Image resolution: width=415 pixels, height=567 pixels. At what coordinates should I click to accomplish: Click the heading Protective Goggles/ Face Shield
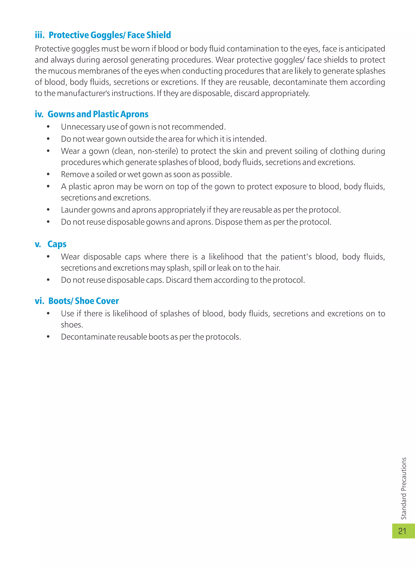tap(110, 35)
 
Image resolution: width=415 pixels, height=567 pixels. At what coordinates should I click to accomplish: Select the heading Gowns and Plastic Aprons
tap(98, 114)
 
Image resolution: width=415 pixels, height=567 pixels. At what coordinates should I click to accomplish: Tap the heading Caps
tap(57, 244)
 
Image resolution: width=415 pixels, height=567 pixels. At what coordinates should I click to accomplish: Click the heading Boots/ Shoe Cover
tap(83, 301)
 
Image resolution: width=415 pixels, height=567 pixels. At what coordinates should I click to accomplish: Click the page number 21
tap(402, 531)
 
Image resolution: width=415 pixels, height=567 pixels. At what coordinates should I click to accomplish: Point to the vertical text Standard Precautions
tap(403, 488)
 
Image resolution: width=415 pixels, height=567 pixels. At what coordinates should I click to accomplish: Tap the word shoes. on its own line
tap(72, 325)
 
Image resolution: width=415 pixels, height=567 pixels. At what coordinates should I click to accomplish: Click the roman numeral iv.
tap(39, 114)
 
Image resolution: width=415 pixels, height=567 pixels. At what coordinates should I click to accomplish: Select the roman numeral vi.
tap(39, 301)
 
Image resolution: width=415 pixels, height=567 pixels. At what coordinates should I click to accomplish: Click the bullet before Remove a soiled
tap(48, 174)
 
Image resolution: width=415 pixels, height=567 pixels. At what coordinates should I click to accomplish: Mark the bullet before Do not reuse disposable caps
tap(48, 280)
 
